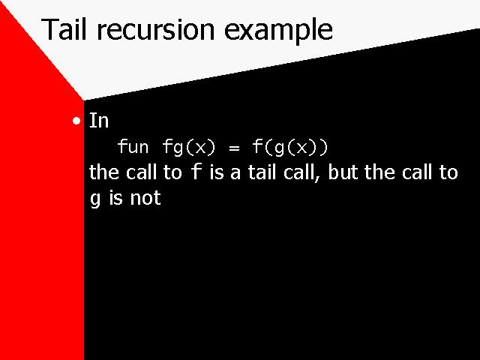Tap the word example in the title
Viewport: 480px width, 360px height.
coord(278,31)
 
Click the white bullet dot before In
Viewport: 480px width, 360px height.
coord(76,121)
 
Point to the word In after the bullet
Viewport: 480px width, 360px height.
coord(99,121)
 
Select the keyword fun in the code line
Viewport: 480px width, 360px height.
coord(133,146)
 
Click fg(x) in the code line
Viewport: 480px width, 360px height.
coord(189,147)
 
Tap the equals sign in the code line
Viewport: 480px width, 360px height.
coord(234,148)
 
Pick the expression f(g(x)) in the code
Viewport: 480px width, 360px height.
coord(290,147)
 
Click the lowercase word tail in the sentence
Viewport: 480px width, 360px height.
coord(262,172)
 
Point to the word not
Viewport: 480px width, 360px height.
coord(145,198)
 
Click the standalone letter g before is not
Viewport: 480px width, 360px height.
coord(95,199)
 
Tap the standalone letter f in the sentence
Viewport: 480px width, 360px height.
coord(196,172)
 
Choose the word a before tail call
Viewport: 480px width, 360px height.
coord(235,174)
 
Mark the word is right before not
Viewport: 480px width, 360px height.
coord(115,198)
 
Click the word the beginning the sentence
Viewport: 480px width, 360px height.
coord(104,172)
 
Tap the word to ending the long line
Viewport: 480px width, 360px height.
coord(448,172)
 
